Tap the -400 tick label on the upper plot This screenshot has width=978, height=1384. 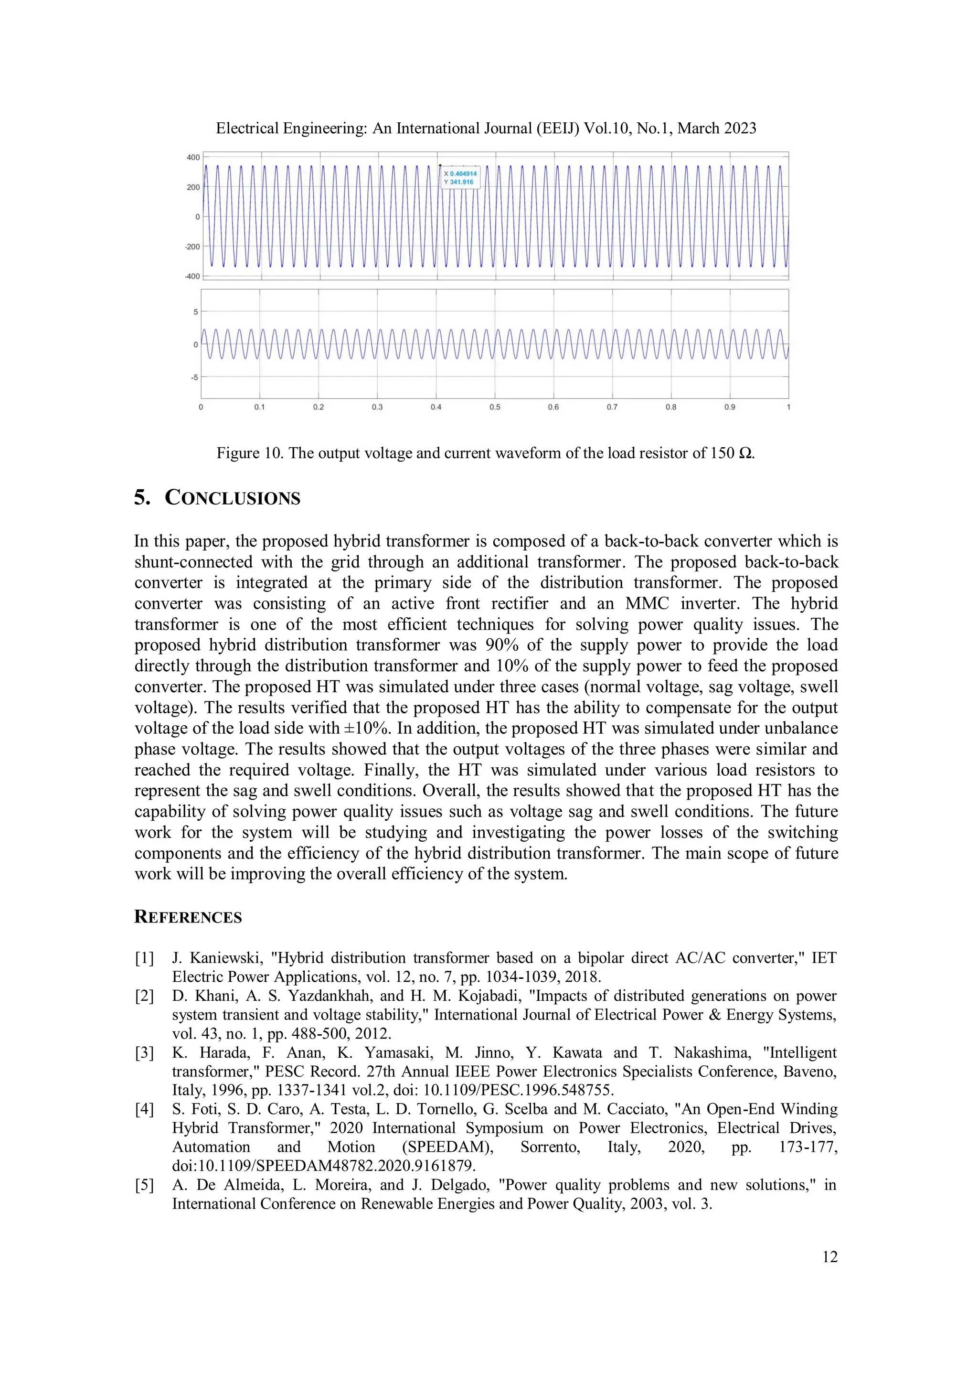click(x=192, y=277)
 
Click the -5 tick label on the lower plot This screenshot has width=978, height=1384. click(x=194, y=378)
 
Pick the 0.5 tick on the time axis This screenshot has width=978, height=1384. click(x=495, y=408)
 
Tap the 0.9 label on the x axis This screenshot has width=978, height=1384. click(x=730, y=408)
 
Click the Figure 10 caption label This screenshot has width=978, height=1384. click(x=249, y=453)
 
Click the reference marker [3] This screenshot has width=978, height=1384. click(x=145, y=1053)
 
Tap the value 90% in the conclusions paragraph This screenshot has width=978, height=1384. click(x=502, y=645)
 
